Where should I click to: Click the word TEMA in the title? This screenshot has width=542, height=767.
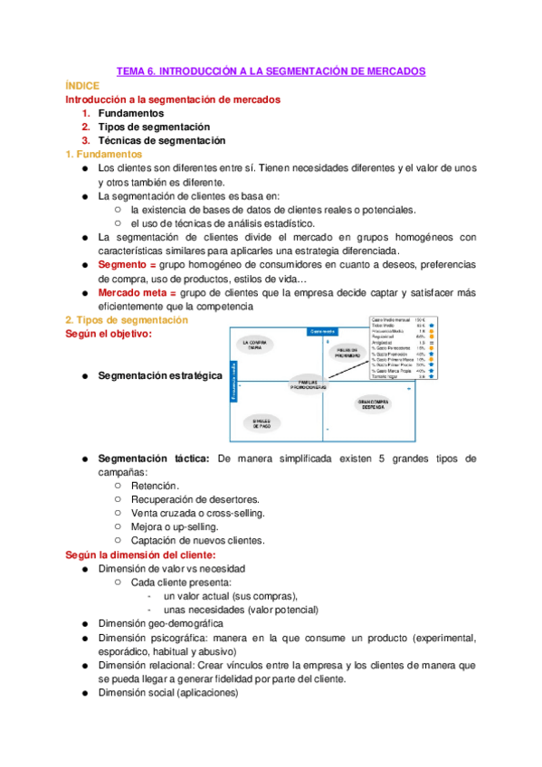tap(134, 70)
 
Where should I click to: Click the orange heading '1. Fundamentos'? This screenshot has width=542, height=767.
tap(102, 155)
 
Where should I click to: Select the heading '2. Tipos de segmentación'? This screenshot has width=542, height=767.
tap(127, 320)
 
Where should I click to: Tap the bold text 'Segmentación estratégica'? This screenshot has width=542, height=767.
tap(159, 375)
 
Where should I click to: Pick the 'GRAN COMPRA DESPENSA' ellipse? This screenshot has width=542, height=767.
tap(373, 404)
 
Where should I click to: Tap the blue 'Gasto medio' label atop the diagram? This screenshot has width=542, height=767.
tap(323, 331)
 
